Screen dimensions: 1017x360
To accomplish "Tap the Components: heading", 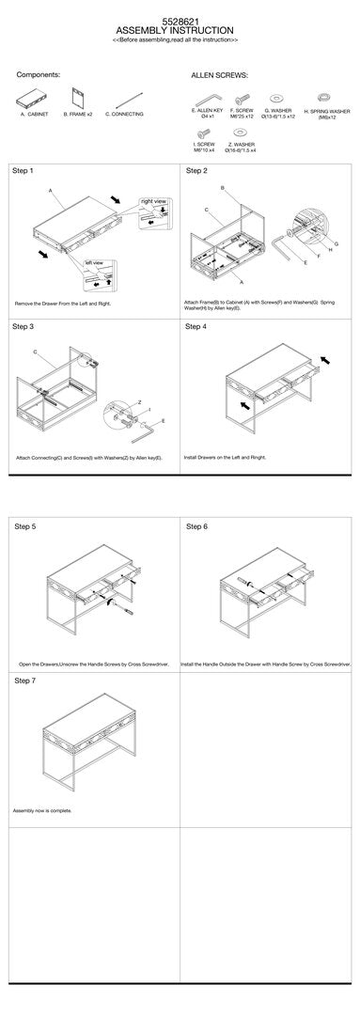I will [x=39, y=72].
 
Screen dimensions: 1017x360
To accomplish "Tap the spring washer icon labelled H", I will [x=325, y=97].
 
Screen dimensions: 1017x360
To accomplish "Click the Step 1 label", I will [x=23, y=171].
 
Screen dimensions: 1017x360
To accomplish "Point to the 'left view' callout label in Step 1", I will [x=94, y=262].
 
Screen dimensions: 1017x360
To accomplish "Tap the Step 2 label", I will [x=196, y=171].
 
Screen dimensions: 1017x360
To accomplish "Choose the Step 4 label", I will [x=196, y=326].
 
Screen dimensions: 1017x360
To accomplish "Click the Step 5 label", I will [x=25, y=526].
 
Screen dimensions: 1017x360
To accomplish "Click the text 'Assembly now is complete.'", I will [x=42, y=810].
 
